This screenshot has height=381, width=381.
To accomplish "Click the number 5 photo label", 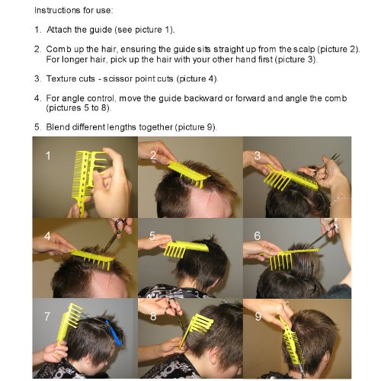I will point(152,235).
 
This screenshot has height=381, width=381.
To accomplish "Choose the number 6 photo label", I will point(258,235).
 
